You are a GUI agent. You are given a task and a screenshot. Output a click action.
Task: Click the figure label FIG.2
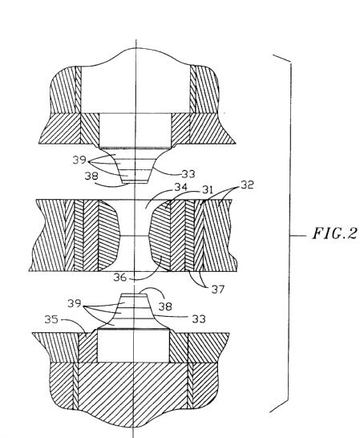334,233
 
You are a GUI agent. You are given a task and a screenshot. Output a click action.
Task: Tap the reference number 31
208,190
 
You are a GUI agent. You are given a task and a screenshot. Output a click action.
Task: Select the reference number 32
247,185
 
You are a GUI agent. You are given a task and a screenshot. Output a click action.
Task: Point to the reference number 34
180,187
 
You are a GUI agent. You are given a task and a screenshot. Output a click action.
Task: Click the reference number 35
51,319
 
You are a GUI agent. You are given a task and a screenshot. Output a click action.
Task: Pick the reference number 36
119,278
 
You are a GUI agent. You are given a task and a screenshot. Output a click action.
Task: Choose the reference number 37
218,290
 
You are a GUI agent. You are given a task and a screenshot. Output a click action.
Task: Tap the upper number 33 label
188,174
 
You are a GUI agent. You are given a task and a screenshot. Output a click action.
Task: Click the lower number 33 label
199,318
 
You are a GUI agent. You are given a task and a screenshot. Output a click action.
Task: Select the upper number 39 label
79,160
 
